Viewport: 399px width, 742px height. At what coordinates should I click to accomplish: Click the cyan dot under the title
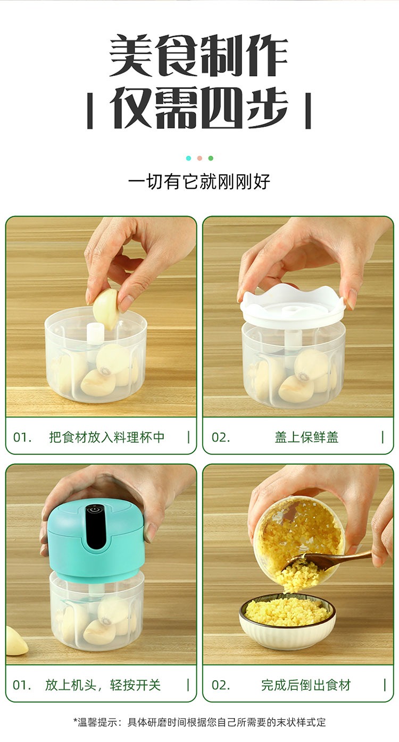[189, 158]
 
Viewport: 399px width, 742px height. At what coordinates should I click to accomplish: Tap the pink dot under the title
[199, 158]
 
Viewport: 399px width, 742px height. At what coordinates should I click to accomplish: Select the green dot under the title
[211, 158]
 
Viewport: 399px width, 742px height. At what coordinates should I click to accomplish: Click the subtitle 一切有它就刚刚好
[199, 181]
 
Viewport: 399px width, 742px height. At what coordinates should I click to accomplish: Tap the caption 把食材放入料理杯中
[107, 437]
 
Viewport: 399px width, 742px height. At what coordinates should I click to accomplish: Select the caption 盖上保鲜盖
[306, 437]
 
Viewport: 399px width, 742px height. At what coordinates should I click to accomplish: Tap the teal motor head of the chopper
[96, 544]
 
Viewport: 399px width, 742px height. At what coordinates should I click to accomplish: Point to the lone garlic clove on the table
[15, 642]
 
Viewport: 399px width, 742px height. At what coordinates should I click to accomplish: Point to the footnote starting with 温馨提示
[199, 722]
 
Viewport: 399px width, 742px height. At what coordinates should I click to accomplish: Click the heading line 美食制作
[198, 55]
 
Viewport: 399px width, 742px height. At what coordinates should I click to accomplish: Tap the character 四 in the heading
[222, 108]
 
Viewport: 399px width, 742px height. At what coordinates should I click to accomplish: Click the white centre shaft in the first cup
[94, 334]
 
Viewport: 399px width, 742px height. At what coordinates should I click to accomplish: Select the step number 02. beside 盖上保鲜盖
[221, 437]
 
